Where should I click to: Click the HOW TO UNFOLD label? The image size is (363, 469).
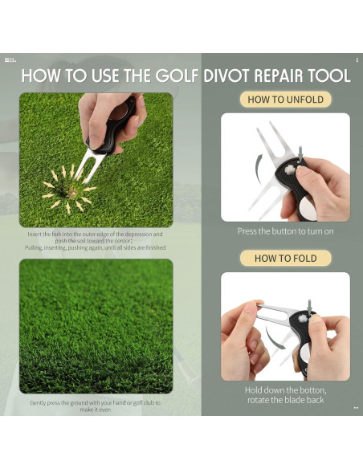(285, 100)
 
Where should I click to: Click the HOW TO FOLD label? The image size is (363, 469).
(285, 259)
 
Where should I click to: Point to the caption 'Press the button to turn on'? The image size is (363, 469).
(285, 231)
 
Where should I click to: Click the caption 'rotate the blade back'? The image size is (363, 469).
(285, 400)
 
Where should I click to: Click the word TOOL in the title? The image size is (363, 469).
(329, 76)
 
